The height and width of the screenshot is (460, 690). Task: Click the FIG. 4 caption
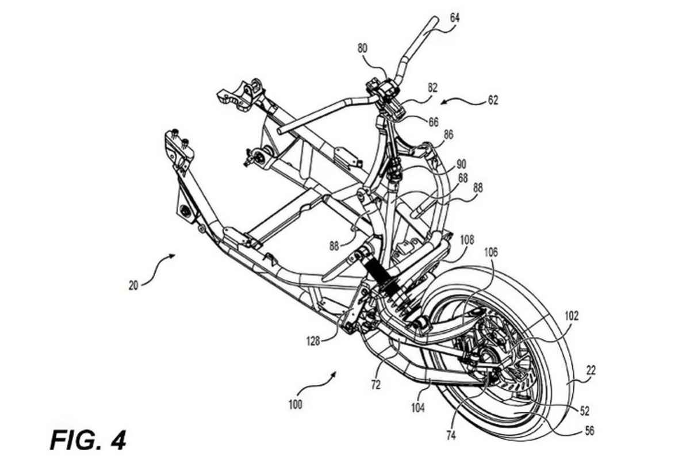pyautogui.click(x=87, y=440)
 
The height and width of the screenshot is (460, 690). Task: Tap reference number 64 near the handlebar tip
pyautogui.click(x=454, y=18)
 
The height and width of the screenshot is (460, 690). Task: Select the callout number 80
pyautogui.click(x=363, y=49)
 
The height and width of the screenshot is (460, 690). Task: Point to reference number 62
pyautogui.click(x=492, y=99)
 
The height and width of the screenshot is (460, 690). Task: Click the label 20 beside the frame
pyautogui.click(x=133, y=285)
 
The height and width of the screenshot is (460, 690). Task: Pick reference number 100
pyautogui.click(x=295, y=404)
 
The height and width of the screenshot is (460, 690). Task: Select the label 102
pyautogui.click(x=572, y=315)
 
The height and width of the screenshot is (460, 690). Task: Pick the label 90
pyautogui.click(x=461, y=164)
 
